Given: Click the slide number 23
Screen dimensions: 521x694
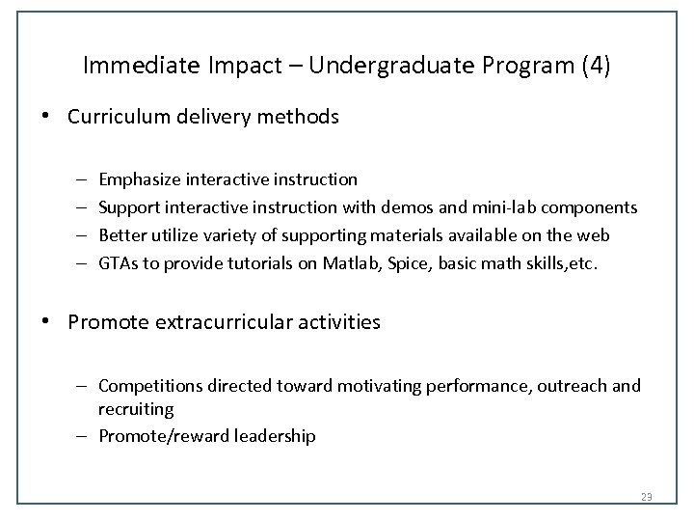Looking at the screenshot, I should coord(647,497).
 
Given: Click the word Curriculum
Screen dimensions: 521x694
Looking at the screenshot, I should coord(114,117).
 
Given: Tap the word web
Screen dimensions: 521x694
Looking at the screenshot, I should coord(595,235).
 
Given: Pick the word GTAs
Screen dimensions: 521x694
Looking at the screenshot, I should coord(118,263).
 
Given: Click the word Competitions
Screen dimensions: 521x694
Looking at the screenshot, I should coord(148,386).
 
